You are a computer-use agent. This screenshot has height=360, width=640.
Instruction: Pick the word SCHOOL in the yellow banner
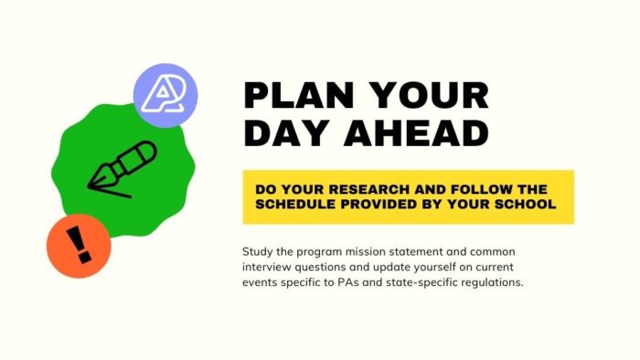tap(525, 204)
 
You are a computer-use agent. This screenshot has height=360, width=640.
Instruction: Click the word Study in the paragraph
tap(259, 250)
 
